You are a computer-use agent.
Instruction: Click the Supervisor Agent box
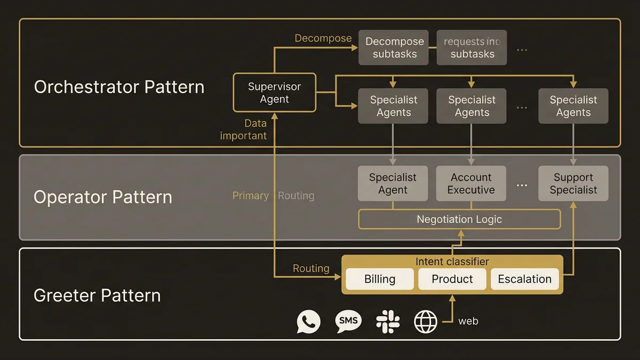275,93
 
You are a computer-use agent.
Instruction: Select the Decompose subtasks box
393,48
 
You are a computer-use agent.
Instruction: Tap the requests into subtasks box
471,48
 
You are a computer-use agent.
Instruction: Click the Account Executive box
471,183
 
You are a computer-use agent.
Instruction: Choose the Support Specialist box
573,183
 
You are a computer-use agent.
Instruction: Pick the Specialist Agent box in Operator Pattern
393,183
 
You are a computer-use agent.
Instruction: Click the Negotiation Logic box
459,219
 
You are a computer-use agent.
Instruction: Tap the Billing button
380,279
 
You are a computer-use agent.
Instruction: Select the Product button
452,279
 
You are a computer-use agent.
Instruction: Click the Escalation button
525,279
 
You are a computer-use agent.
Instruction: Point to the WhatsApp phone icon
309,322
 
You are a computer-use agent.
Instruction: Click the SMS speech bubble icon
348,321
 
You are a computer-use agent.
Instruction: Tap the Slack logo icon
388,322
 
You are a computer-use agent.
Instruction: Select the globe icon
426,322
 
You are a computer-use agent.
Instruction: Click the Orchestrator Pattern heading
119,87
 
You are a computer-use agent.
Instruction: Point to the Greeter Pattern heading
97,295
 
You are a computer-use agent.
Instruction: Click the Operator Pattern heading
103,197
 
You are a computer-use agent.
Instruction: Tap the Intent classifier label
452,261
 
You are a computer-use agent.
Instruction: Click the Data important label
244,130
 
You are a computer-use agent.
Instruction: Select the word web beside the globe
468,321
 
